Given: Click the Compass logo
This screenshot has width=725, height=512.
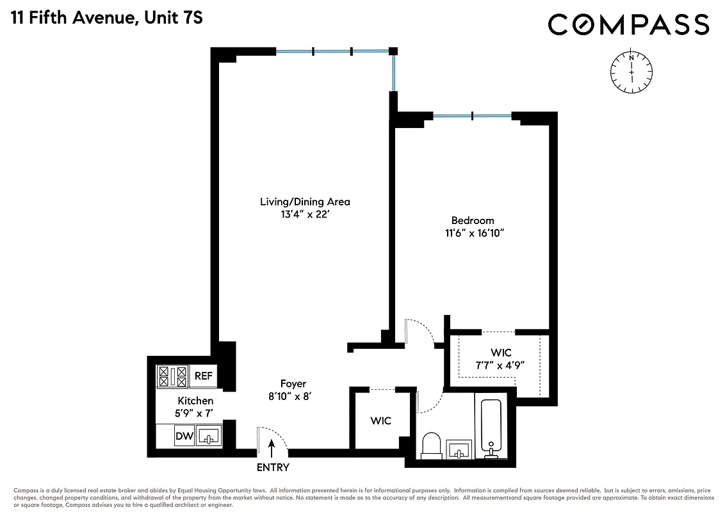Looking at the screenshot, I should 628,25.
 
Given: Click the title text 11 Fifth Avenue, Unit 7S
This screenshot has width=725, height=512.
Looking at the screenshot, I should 106,17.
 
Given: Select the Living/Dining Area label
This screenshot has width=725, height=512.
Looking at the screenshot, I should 305,202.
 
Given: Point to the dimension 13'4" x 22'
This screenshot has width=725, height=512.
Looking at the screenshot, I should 305,215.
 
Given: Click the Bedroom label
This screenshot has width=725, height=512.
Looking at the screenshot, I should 473,220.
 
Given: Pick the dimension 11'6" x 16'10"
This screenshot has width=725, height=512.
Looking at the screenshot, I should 473,234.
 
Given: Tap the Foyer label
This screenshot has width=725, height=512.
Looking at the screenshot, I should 293,383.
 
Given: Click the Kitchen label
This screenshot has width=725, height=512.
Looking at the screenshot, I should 195,401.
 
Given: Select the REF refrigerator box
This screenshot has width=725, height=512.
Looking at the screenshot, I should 203,376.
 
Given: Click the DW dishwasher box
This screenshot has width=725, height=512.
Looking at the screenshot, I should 184,437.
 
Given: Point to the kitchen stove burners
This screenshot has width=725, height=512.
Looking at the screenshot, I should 172,376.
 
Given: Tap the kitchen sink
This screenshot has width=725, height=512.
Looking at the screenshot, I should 209,436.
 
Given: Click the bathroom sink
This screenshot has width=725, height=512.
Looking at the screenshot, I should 459,449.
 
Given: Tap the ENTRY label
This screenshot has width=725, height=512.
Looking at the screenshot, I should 273,467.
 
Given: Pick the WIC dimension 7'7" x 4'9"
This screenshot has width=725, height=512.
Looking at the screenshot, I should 501,366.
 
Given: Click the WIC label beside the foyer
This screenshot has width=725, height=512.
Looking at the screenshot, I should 380,420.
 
